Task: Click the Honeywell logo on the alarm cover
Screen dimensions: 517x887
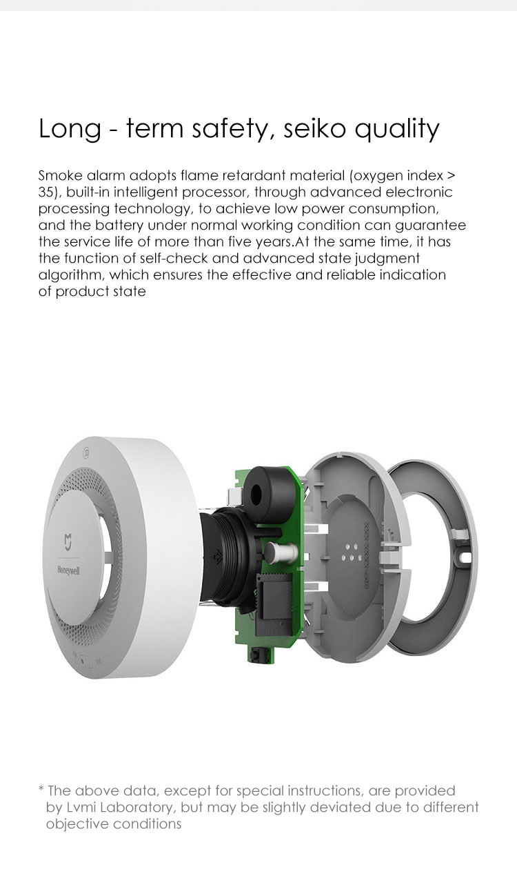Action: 68,570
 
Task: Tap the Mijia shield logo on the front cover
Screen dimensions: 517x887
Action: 68,541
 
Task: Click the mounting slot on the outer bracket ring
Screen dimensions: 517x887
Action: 465,557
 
